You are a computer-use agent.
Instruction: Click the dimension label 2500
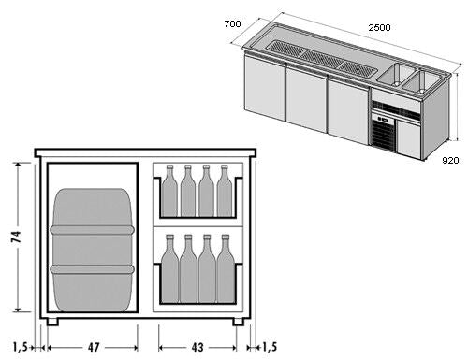379,28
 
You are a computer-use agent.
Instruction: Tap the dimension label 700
232,23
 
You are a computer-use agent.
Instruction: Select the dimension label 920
450,161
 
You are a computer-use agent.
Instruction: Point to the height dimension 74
16,237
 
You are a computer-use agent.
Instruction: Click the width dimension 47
94,347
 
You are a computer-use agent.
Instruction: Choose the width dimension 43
197,347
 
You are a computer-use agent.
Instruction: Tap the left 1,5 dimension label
21,347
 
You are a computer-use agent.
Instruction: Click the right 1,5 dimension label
270,347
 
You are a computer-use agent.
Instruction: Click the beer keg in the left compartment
93,250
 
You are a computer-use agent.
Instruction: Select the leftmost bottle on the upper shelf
169,191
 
